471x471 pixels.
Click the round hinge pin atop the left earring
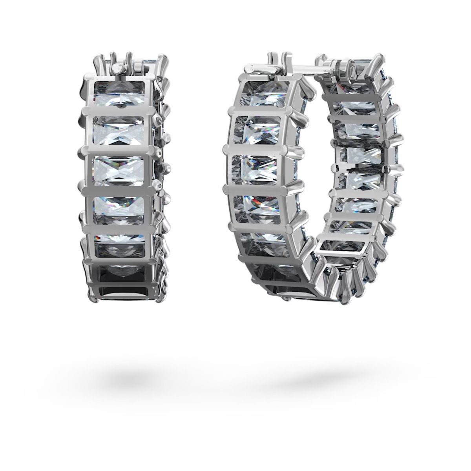coord(117,69)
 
